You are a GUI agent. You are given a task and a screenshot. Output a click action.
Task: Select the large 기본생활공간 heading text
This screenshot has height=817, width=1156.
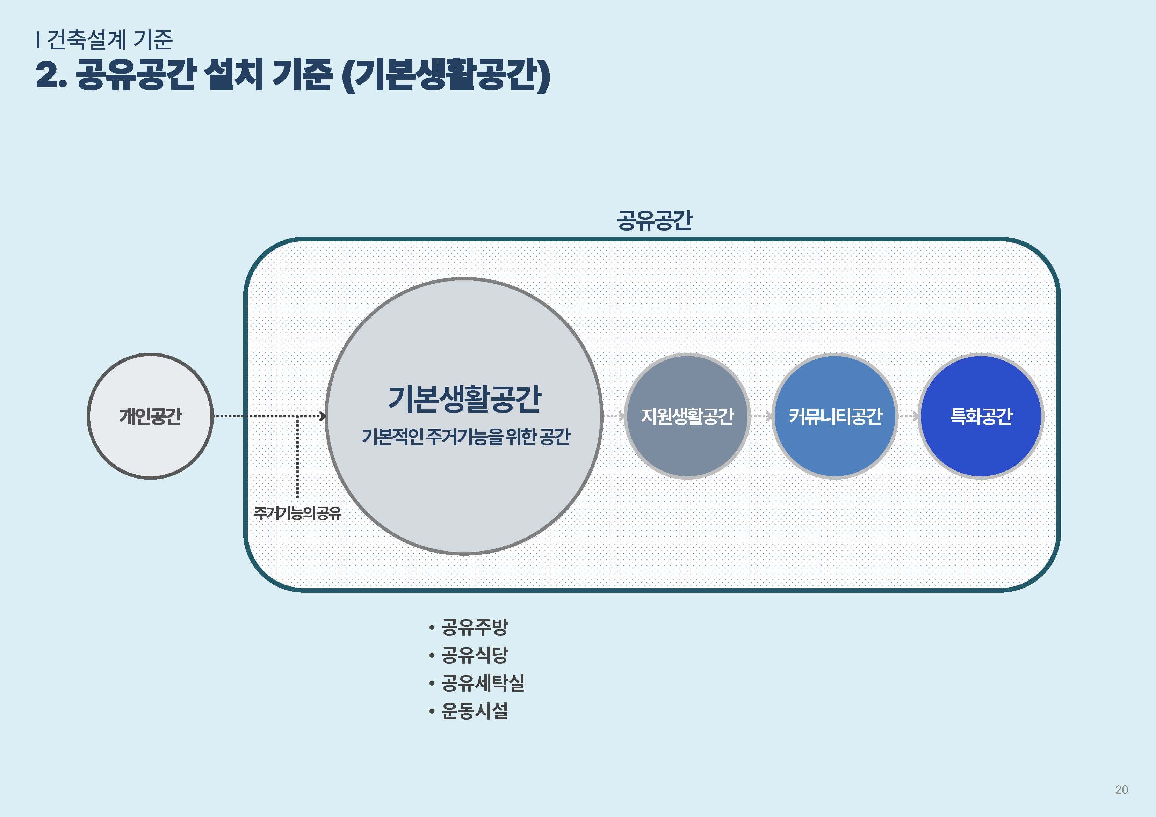pos(464,399)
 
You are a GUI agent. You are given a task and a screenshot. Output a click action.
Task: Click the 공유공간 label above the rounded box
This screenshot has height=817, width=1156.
pos(655,220)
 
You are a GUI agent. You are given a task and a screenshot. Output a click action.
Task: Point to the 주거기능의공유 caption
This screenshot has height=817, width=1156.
pos(297,513)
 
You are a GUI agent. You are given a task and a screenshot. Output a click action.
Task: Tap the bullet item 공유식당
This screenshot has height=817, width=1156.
pos(474,655)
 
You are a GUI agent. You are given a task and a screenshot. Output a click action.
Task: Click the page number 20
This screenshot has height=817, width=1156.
pos(1121,789)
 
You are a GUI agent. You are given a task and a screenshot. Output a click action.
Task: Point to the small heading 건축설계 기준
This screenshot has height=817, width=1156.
pos(109,39)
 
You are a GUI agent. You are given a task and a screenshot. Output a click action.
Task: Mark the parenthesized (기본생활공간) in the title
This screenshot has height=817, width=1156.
pos(446,75)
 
